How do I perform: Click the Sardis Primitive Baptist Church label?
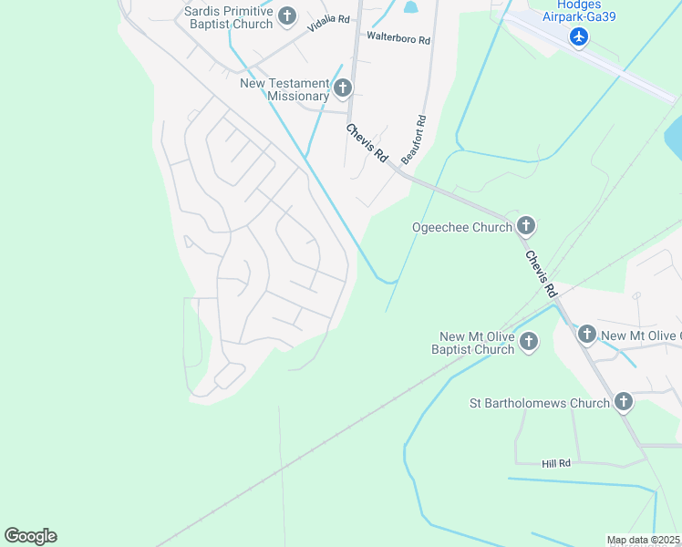[228, 16]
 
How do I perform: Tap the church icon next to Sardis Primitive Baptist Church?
[287, 15]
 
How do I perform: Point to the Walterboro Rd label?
[398, 37]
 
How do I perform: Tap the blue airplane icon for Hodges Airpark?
[578, 36]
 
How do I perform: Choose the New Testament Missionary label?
[284, 89]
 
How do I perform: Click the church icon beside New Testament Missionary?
[343, 88]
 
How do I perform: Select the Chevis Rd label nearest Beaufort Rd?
[367, 143]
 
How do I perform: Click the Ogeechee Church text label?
[462, 227]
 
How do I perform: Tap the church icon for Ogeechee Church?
[525, 226]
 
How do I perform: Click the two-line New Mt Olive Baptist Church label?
[477, 343]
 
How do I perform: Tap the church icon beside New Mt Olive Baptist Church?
[529, 343]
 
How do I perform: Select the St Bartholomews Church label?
[539, 402]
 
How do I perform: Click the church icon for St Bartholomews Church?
[623, 401]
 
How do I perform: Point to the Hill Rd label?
[555, 464]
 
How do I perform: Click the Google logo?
[30, 536]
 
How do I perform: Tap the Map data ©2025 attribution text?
[642, 540]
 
